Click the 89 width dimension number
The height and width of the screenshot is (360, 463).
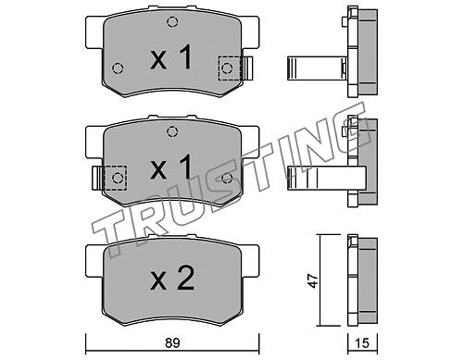[172, 342]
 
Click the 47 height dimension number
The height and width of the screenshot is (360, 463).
[313, 280]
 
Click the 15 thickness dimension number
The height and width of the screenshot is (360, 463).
[362, 342]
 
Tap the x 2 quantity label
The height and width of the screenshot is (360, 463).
[172, 279]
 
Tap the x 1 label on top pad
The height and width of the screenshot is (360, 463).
[171, 57]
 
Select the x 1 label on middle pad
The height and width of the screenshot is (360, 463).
[171, 168]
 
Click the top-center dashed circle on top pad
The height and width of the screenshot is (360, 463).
[172, 22]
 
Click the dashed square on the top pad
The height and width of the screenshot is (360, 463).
[230, 68]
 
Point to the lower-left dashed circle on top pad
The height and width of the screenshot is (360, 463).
[118, 68]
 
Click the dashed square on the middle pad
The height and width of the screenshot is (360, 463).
[116, 178]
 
